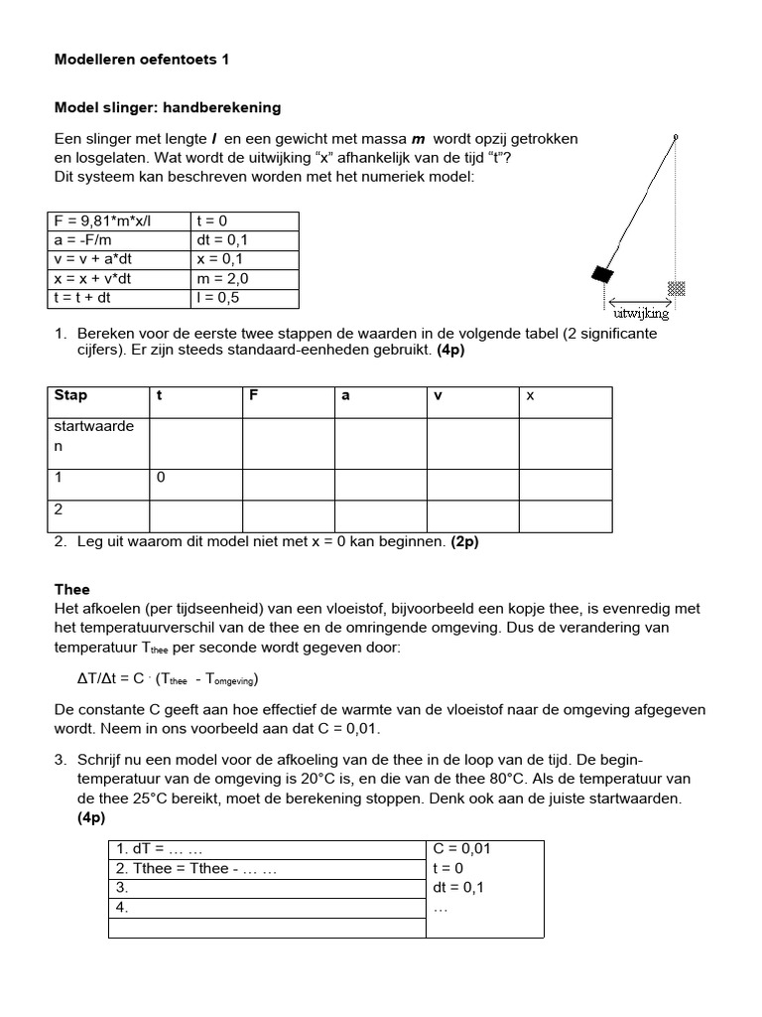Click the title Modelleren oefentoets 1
[x=141, y=60]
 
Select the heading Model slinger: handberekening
[x=167, y=107]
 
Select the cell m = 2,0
[x=223, y=278]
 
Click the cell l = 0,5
[x=219, y=297]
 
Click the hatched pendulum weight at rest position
[x=677, y=288]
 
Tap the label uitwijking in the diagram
[x=642, y=315]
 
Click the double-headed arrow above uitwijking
[x=641, y=302]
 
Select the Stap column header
[x=70, y=395]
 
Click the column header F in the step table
[x=254, y=395]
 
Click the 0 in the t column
[x=161, y=478]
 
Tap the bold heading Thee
[x=71, y=589]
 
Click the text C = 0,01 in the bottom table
[x=462, y=849]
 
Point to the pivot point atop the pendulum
[x=676, y=135]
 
